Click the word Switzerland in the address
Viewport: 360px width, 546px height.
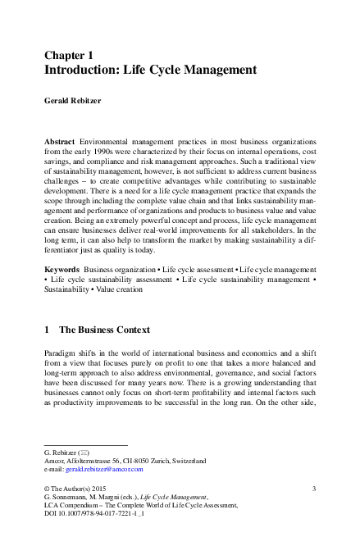pos(188,461)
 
